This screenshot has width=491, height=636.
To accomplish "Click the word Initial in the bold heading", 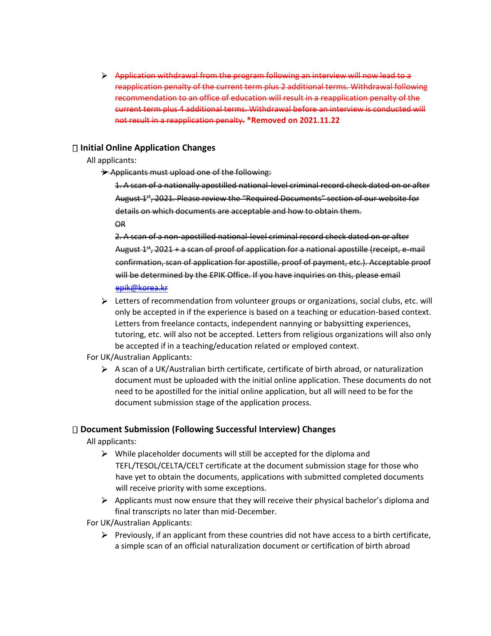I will pyautogui.click(x=92, y=148).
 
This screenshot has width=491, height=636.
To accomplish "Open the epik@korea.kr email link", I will pyautogui.click(x=141, y=288).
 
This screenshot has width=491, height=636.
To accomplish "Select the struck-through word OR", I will pyautogui.click(x=120, y=224).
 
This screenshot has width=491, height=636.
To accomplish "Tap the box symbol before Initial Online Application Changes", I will pyautogui.click(x=75, y=148).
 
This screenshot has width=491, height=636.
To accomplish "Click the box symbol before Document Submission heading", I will pyautogui.click(x=75, y=430).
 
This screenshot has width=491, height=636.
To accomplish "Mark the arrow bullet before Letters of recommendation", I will pyautogui.click(x=104, y=301).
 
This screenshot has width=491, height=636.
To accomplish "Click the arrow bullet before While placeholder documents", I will pyautogui.click(x=104, y=454).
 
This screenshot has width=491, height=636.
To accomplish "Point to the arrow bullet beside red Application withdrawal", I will pyautogui.click(x=104, y=76).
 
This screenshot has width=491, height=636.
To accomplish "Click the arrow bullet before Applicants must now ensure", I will pyautogui.click(x=104, y=501).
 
